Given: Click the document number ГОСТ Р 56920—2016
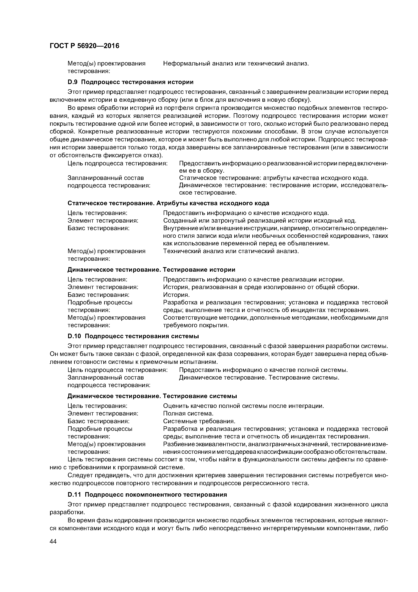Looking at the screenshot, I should click(84, 46).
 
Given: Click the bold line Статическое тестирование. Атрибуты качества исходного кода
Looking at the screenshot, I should click(168, 203).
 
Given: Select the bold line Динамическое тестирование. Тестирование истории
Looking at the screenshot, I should click(151, 270).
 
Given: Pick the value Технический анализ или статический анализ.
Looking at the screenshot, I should click(231, 251).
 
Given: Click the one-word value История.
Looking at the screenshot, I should click(176, 295).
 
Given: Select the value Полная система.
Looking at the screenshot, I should click(188, 414).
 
